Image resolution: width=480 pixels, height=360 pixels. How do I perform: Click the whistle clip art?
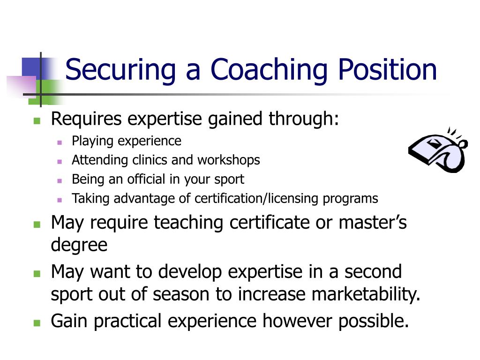click(438, 150)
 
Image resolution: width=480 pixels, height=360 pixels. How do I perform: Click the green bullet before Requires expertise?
click(37, 120)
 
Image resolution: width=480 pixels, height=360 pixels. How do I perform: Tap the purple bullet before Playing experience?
click(60, 142)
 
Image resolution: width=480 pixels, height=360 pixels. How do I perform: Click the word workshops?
click(228, 160)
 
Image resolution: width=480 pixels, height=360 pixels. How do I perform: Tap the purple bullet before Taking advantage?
click(60, 199)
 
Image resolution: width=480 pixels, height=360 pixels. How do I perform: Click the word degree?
click(79, 245)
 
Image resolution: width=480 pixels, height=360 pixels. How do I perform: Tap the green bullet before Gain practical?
click(37, 323)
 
